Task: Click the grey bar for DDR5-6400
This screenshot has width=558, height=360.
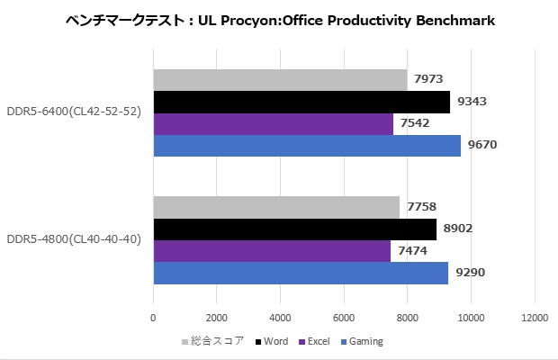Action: pyautogui.click(x=280, y=80)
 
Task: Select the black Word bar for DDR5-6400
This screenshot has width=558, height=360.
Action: pyautogui.click(x=301, y=102)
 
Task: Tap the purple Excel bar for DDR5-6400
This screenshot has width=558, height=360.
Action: pyautogui.click(x=273, y=123)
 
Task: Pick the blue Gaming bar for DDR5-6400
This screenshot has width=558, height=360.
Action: pyautogui.click(x=307, y=145)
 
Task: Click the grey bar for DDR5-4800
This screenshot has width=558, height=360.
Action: pyautogui.click(x=276, y=207)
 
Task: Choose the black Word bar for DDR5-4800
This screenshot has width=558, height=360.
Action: pyautogui.click(x=294, y=229)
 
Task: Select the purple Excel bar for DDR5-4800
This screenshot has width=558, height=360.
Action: pyautogui.click(x=272, y=251)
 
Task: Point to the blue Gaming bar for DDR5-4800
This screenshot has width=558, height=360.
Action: pyautogui.click(x=301, y=273)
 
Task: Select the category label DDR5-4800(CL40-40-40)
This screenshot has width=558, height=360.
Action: pyautogui.click(x=73, y=239)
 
